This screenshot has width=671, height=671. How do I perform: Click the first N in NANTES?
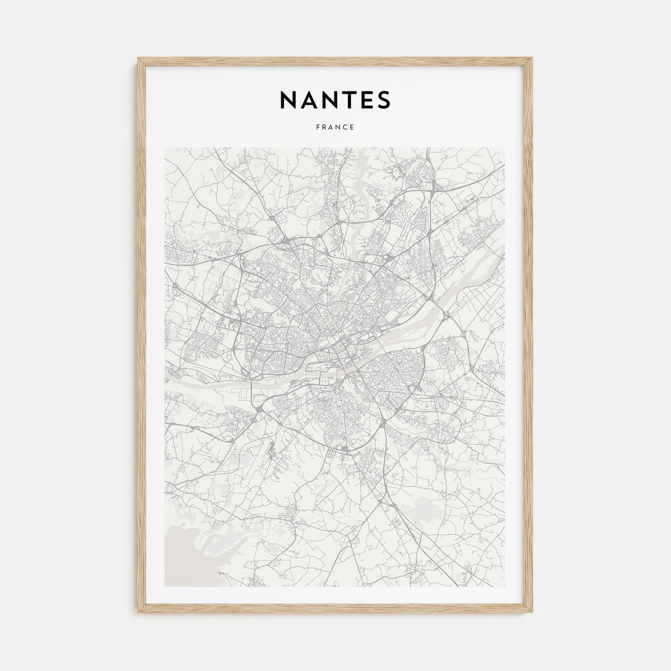tap(288, 100)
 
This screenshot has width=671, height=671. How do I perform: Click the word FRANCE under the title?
tap(335, 127)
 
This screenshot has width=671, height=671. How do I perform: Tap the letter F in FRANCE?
tap(318, 127)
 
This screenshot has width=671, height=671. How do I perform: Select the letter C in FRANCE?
tap(345, 127)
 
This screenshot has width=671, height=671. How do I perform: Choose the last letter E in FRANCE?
tap(352, 127)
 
